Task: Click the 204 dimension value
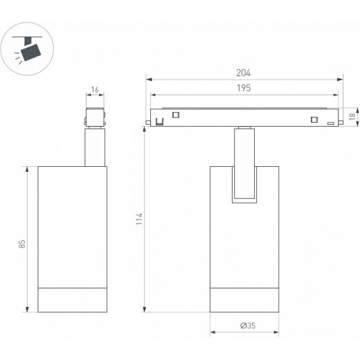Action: (243, 73)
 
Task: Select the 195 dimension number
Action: (244, 88)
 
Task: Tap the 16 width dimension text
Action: (95, 89)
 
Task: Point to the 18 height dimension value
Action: (352, 116)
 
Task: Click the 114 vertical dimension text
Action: (139, 219)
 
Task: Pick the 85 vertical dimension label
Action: (22, 244)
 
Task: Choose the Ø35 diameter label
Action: (248, 325)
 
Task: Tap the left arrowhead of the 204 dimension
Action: (149, 80)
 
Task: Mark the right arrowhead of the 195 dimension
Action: (336, 95)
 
